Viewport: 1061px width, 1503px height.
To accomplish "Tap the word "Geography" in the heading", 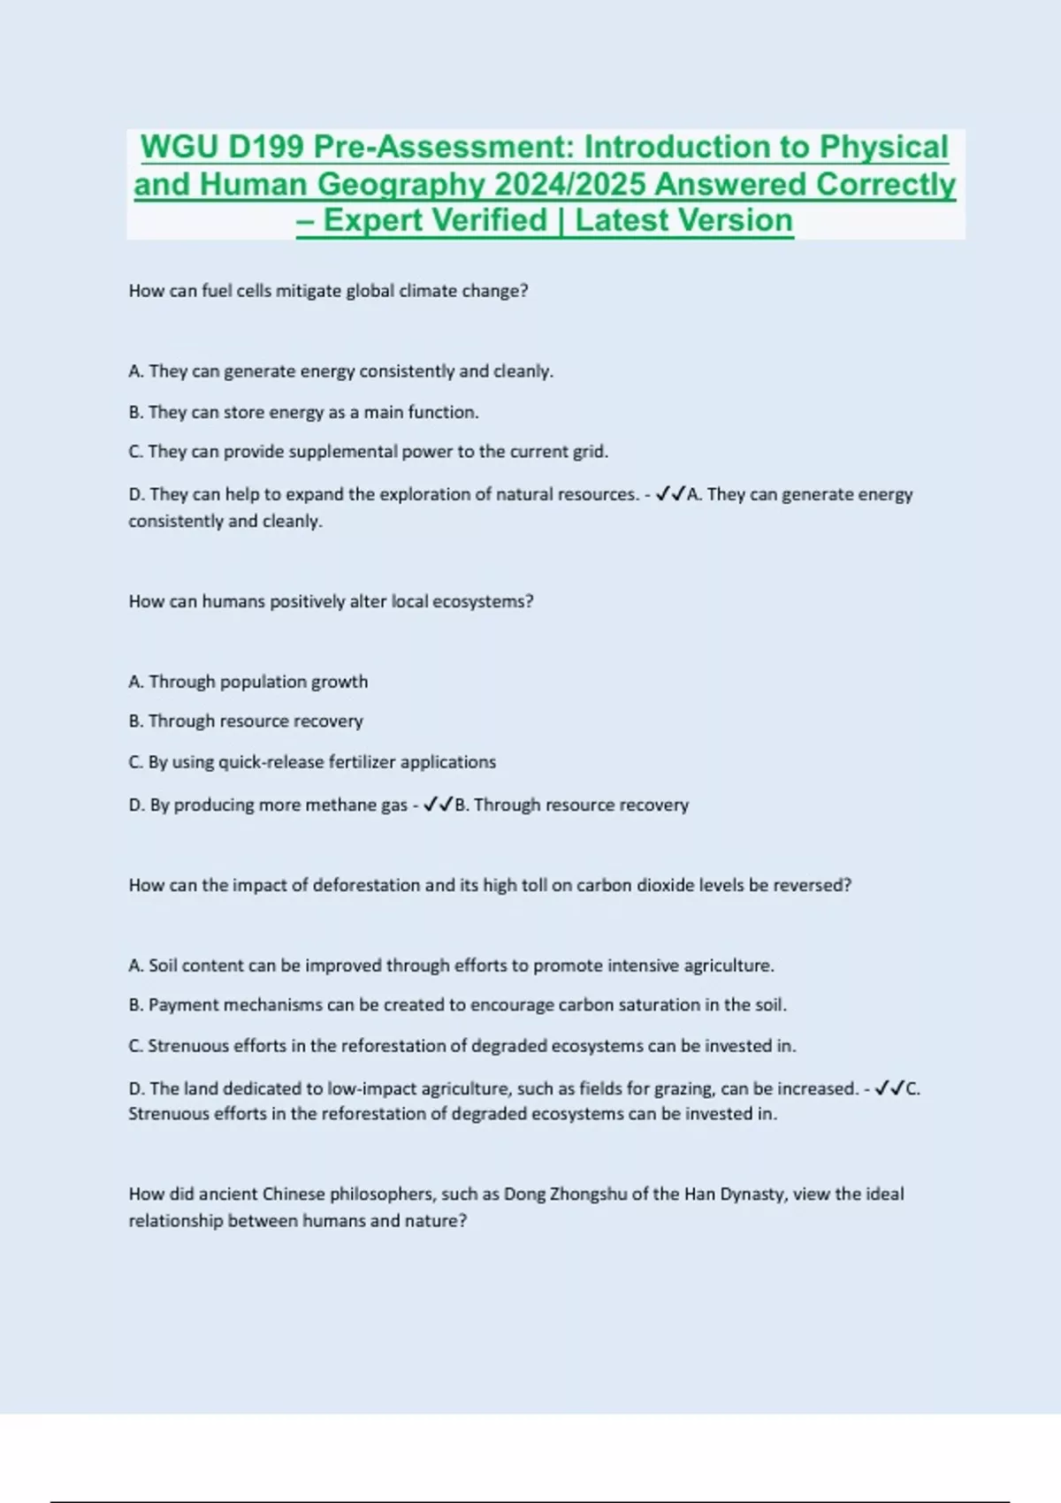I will [401, 185].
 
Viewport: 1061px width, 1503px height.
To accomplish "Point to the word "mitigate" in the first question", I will [308, 291].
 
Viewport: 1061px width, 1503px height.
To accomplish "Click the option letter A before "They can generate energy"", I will [135, 371].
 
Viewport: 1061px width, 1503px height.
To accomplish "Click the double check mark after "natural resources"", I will [670, 494].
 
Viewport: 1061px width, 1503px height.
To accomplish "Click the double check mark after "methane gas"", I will [438, 805].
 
